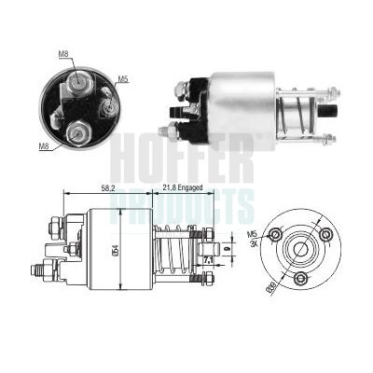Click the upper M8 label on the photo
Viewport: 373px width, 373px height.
(63, 54)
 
